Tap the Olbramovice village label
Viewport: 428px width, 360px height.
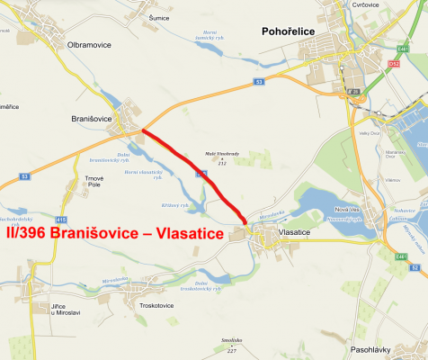tap(89, 43)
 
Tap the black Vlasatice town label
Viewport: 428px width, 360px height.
tap(300, 232)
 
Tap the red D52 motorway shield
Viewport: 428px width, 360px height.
tap(394, 64)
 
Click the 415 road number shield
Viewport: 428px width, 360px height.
tap(60, 219)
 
